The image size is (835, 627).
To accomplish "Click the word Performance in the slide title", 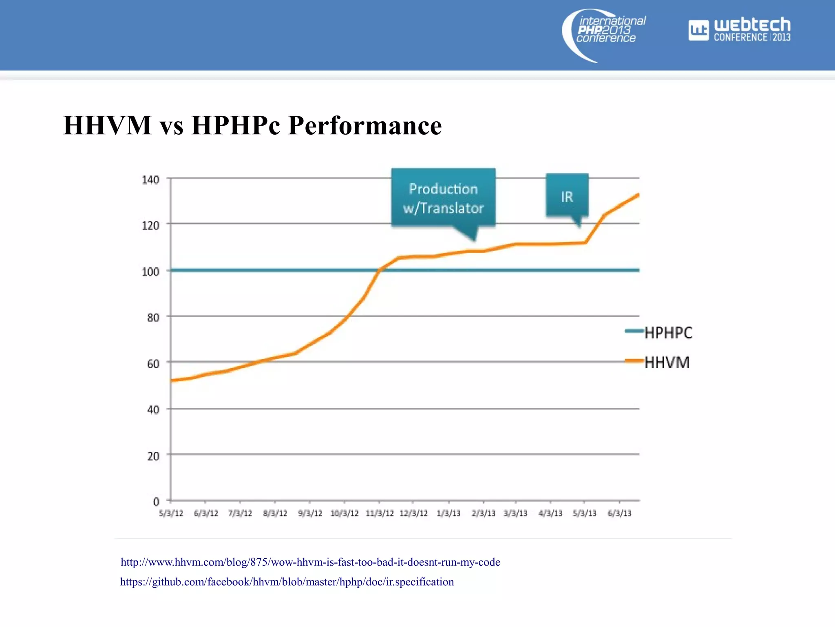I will [364, 125].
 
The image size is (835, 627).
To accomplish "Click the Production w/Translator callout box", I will [443, 198].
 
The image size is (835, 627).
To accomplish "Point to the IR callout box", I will [567, 196].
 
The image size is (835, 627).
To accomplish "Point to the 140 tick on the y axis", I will [150, 180].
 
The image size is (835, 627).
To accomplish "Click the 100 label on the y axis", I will [150, 271].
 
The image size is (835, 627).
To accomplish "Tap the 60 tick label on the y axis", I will [153, 363].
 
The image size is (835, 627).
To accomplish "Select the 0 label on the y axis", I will [156, 501].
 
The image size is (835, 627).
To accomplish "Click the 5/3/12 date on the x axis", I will [171, 513].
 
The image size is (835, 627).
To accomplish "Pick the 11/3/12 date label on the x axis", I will [380, 513].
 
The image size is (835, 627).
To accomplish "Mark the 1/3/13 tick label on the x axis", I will [448, 513].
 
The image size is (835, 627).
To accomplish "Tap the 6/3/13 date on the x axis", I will [619, 513].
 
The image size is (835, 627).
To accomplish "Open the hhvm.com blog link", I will [310, 562].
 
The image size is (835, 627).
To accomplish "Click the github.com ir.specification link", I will [287, 582].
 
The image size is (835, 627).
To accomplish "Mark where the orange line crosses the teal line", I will [379, 270].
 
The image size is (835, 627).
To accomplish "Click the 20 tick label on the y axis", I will [153, 456].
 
